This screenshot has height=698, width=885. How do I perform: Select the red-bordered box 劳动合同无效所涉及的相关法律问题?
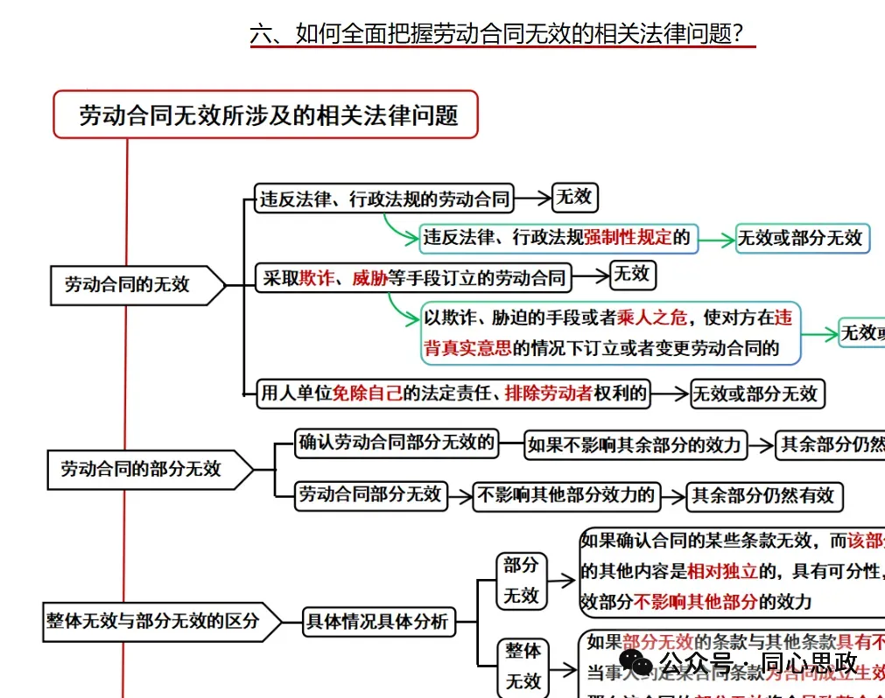pos(266,115)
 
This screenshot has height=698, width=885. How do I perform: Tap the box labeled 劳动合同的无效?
pos(128,285)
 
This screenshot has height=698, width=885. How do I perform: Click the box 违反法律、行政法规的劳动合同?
pos(384,199)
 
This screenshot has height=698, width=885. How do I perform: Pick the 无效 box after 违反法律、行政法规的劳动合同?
pos(574,198)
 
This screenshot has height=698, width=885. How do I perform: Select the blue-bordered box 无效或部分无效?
pos(801,238)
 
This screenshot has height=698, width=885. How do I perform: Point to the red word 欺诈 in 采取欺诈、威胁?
pos(316,279)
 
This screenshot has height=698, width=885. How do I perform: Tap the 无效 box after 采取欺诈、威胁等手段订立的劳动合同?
pos(632,275)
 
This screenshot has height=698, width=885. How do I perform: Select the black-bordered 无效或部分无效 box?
pos(755,394)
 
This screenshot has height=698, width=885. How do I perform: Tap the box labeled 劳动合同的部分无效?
pos(141,469)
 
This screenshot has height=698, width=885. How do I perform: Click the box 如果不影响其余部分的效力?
pos(634,444)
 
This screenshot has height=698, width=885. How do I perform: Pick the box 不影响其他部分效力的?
pos(566,496)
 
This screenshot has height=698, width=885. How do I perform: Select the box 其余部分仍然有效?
pos(763,496)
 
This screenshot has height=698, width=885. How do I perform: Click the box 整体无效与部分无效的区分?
pos(153,622)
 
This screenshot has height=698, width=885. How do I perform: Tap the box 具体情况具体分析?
pos(377,622)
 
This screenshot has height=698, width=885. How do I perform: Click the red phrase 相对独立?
pos(722,572)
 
